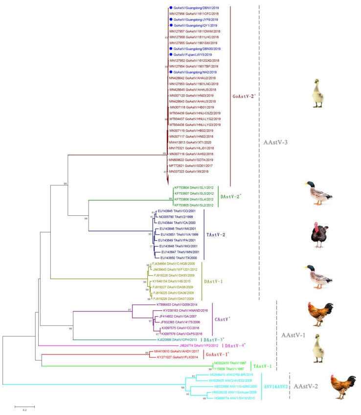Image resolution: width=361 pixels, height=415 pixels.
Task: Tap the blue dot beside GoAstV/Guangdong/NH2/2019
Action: [x=170, y=71]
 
